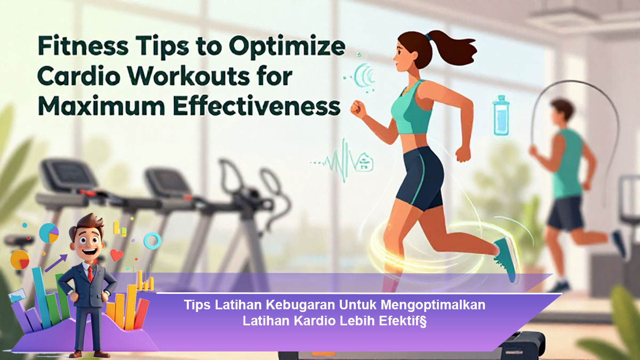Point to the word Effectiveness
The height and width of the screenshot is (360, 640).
coord(257,106)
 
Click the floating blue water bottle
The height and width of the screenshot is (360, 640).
coord(501,115)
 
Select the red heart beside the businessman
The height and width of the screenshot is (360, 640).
coord(117,255)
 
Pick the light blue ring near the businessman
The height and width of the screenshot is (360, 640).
coord(153,241)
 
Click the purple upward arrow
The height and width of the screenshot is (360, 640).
coord(56,263)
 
